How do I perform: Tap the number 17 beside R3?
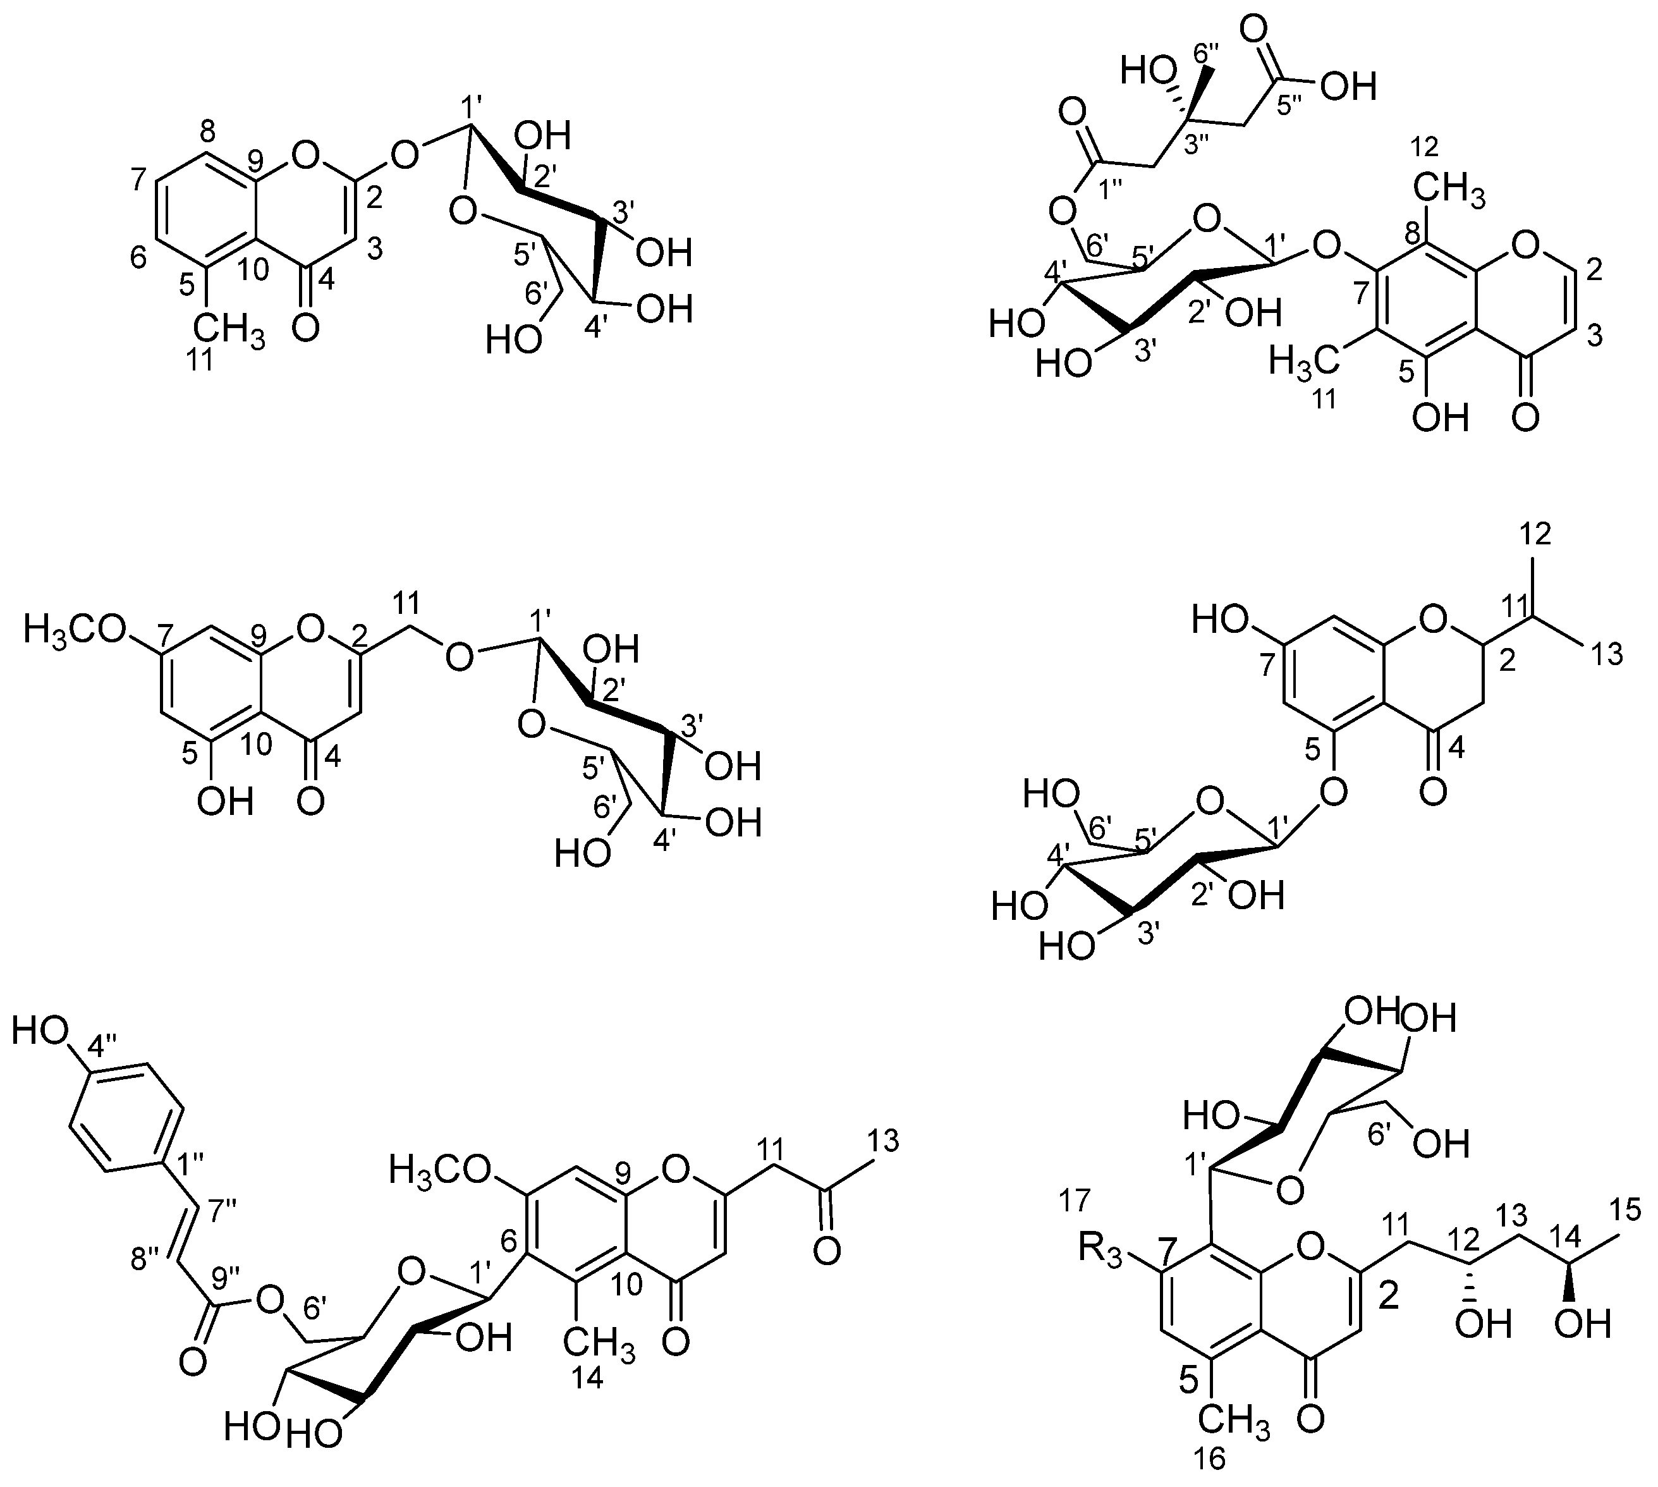click(x=1075, y=1201)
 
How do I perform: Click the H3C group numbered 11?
click(x=1305, y=360)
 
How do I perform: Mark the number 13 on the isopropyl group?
click(x=1604, y=654)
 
